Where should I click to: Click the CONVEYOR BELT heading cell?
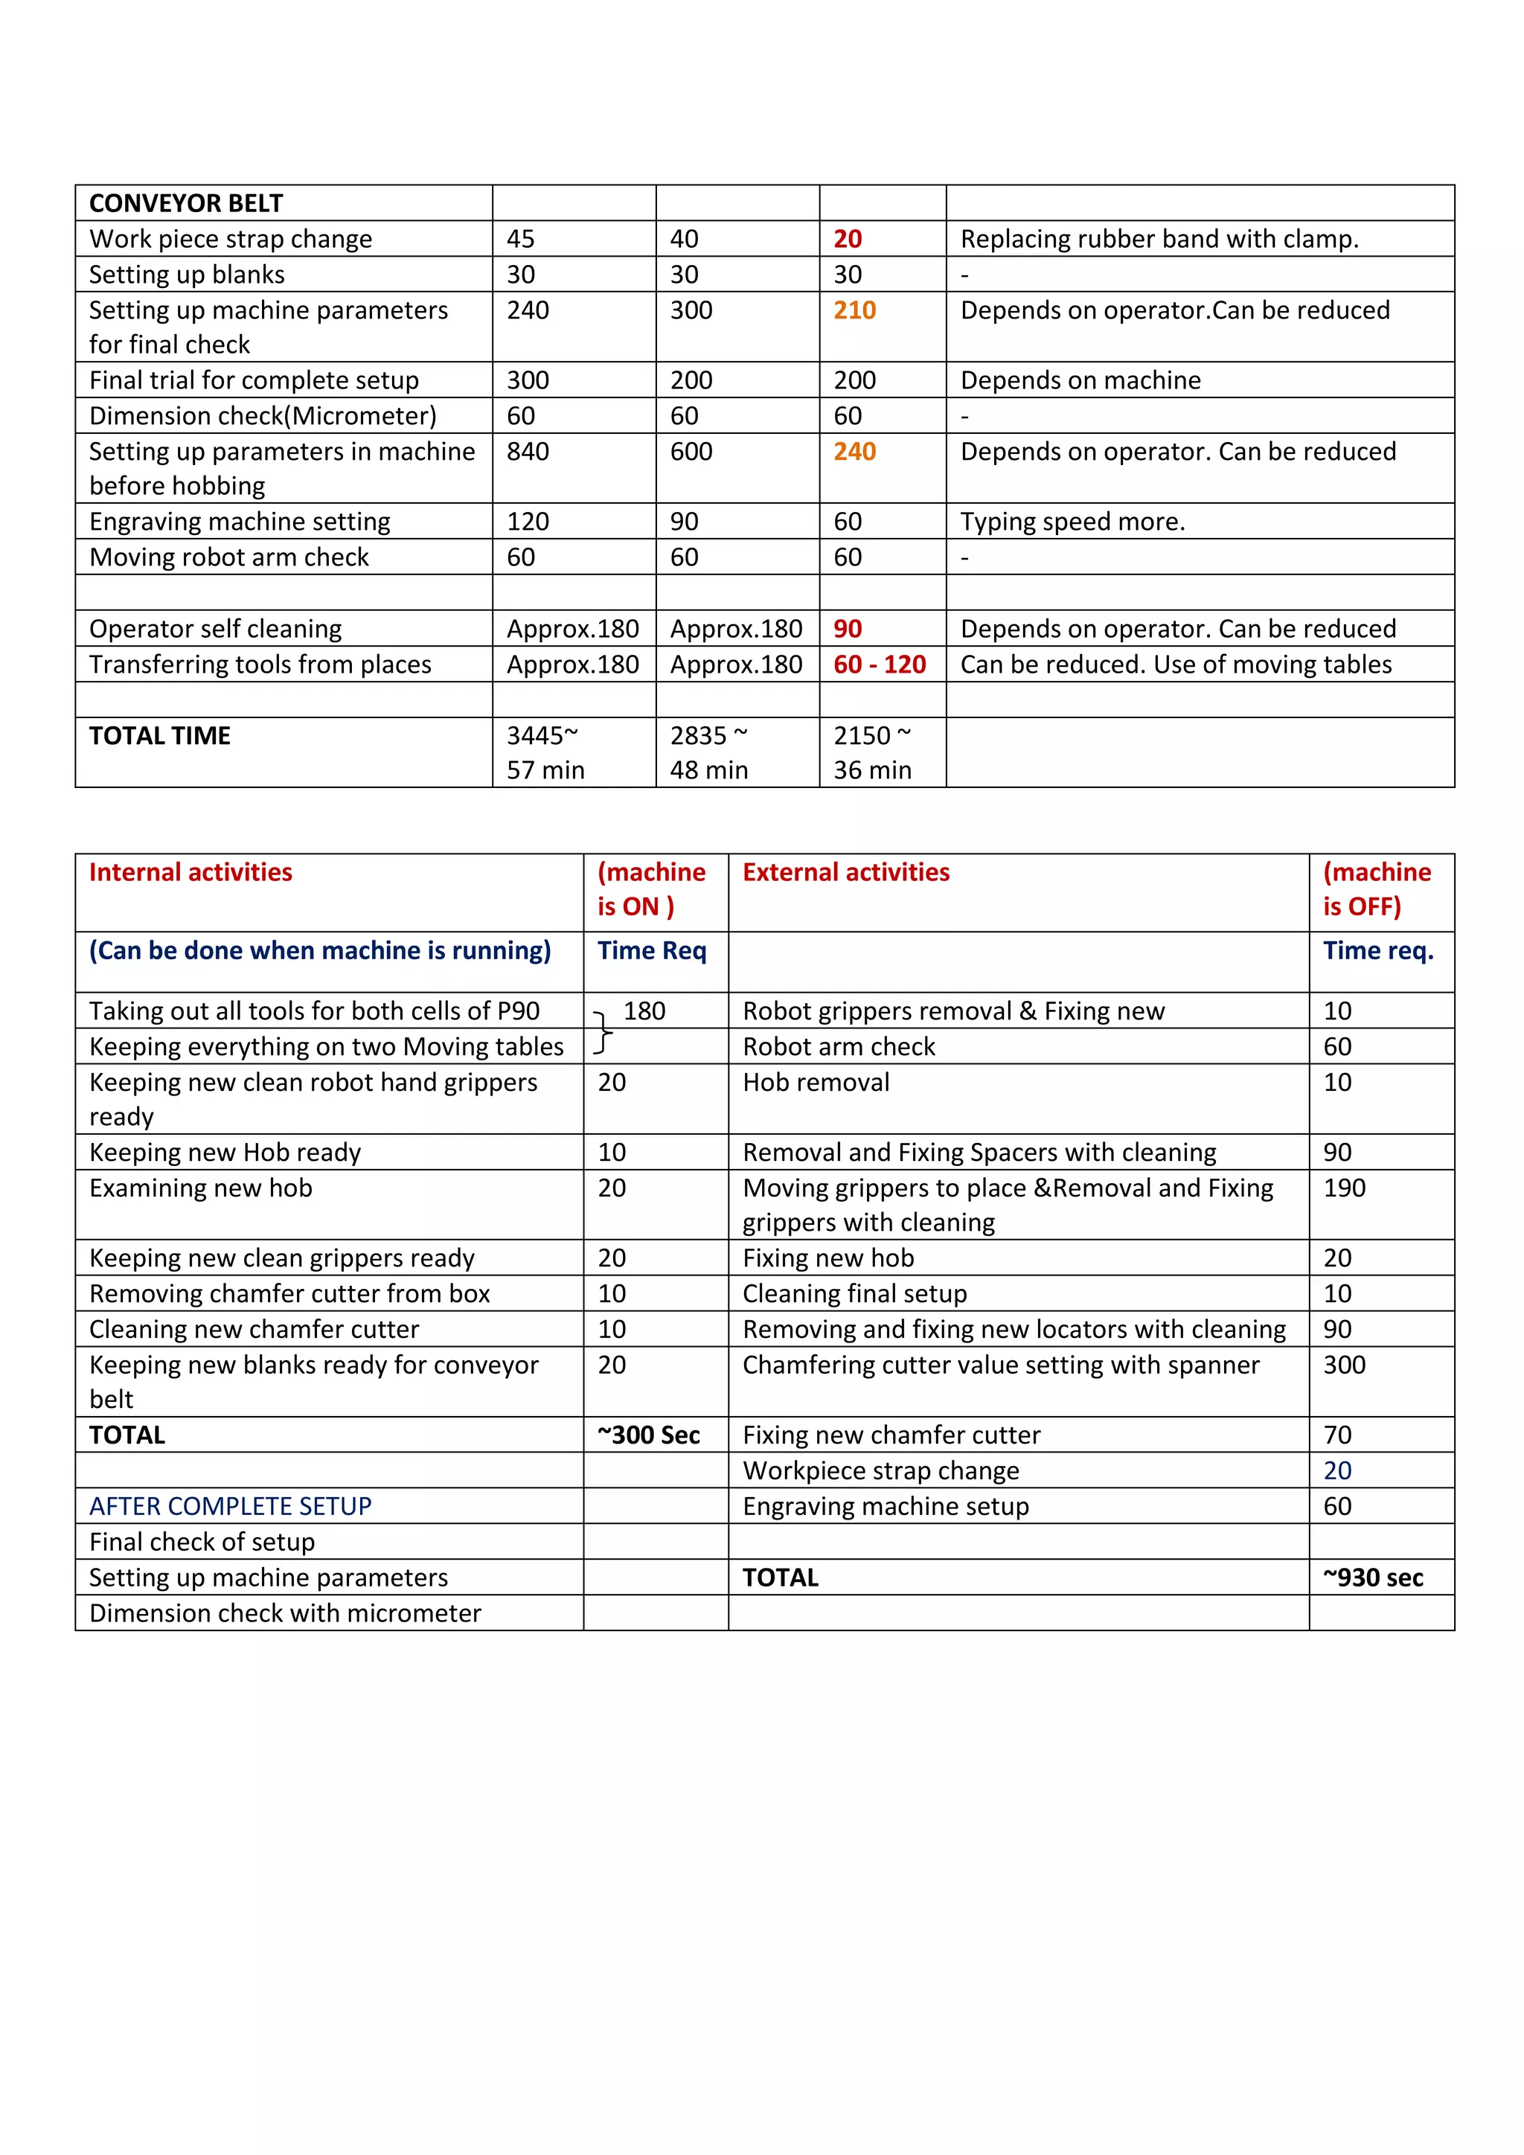tap(186, 202)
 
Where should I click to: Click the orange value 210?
tap(854, 310)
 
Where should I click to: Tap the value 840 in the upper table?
tap(528, 452)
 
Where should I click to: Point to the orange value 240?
tap(854, 452)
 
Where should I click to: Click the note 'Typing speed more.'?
tap(1072, 521)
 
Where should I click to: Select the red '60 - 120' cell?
tap(880, 665)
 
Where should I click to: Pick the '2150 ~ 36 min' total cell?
tap(872, 752)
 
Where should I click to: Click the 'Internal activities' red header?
tap(190, 872)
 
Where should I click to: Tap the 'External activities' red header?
tap(845, 872)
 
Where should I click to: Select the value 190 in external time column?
tap(1344, 1188)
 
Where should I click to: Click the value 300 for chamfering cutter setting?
tap(1344, 1365)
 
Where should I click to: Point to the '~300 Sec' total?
tap(648, 1435)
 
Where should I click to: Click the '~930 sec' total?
tap(1373, 1578)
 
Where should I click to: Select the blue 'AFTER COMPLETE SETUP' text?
tap(230, 1506)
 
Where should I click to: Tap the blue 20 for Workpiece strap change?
tap(1337, 1470)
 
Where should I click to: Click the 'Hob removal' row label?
tap(816, 1082)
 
